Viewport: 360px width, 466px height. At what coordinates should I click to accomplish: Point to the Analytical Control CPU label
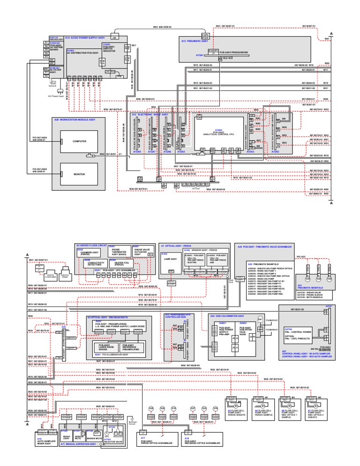pos(218,133)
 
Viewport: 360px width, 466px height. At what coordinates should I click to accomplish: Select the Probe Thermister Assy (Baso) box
pos(119,252)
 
